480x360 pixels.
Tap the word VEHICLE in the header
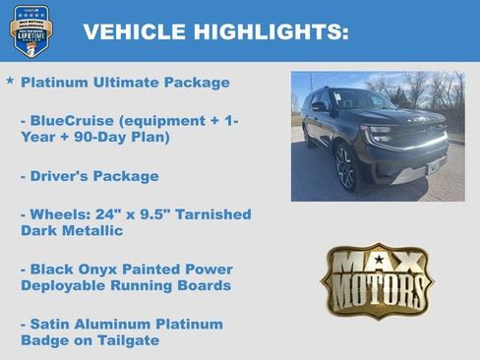[x=124, y=31]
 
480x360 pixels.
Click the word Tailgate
[x=128, y=340]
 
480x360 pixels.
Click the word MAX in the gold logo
[x=377, y=263]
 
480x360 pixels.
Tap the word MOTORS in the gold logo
[x=377, y=289]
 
